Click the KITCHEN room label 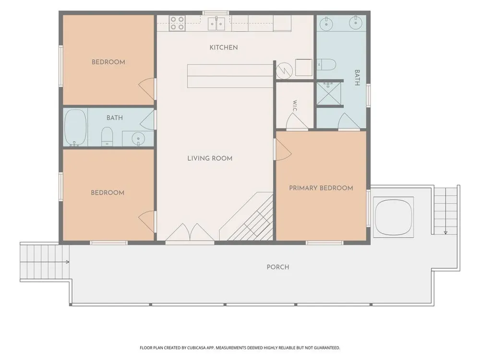click(x=224, y=48)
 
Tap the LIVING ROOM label click(x=210, y=158)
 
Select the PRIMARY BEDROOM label click(x=321, y=188)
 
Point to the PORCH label click(x=277, y=267)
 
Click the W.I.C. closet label click(x=295, y=106)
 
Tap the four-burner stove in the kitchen click(x=177, y=23)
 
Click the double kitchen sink click(x=216, y=24)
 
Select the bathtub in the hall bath click(x=75, y=127)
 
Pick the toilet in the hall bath click(x=107, y=136)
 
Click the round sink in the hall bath click(x=138, y=139)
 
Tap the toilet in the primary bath click(x=326, y=65)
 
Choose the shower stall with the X click(x=328, y=94)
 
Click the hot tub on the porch click(x=394, y=216)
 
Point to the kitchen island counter click(x=230, y=76)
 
